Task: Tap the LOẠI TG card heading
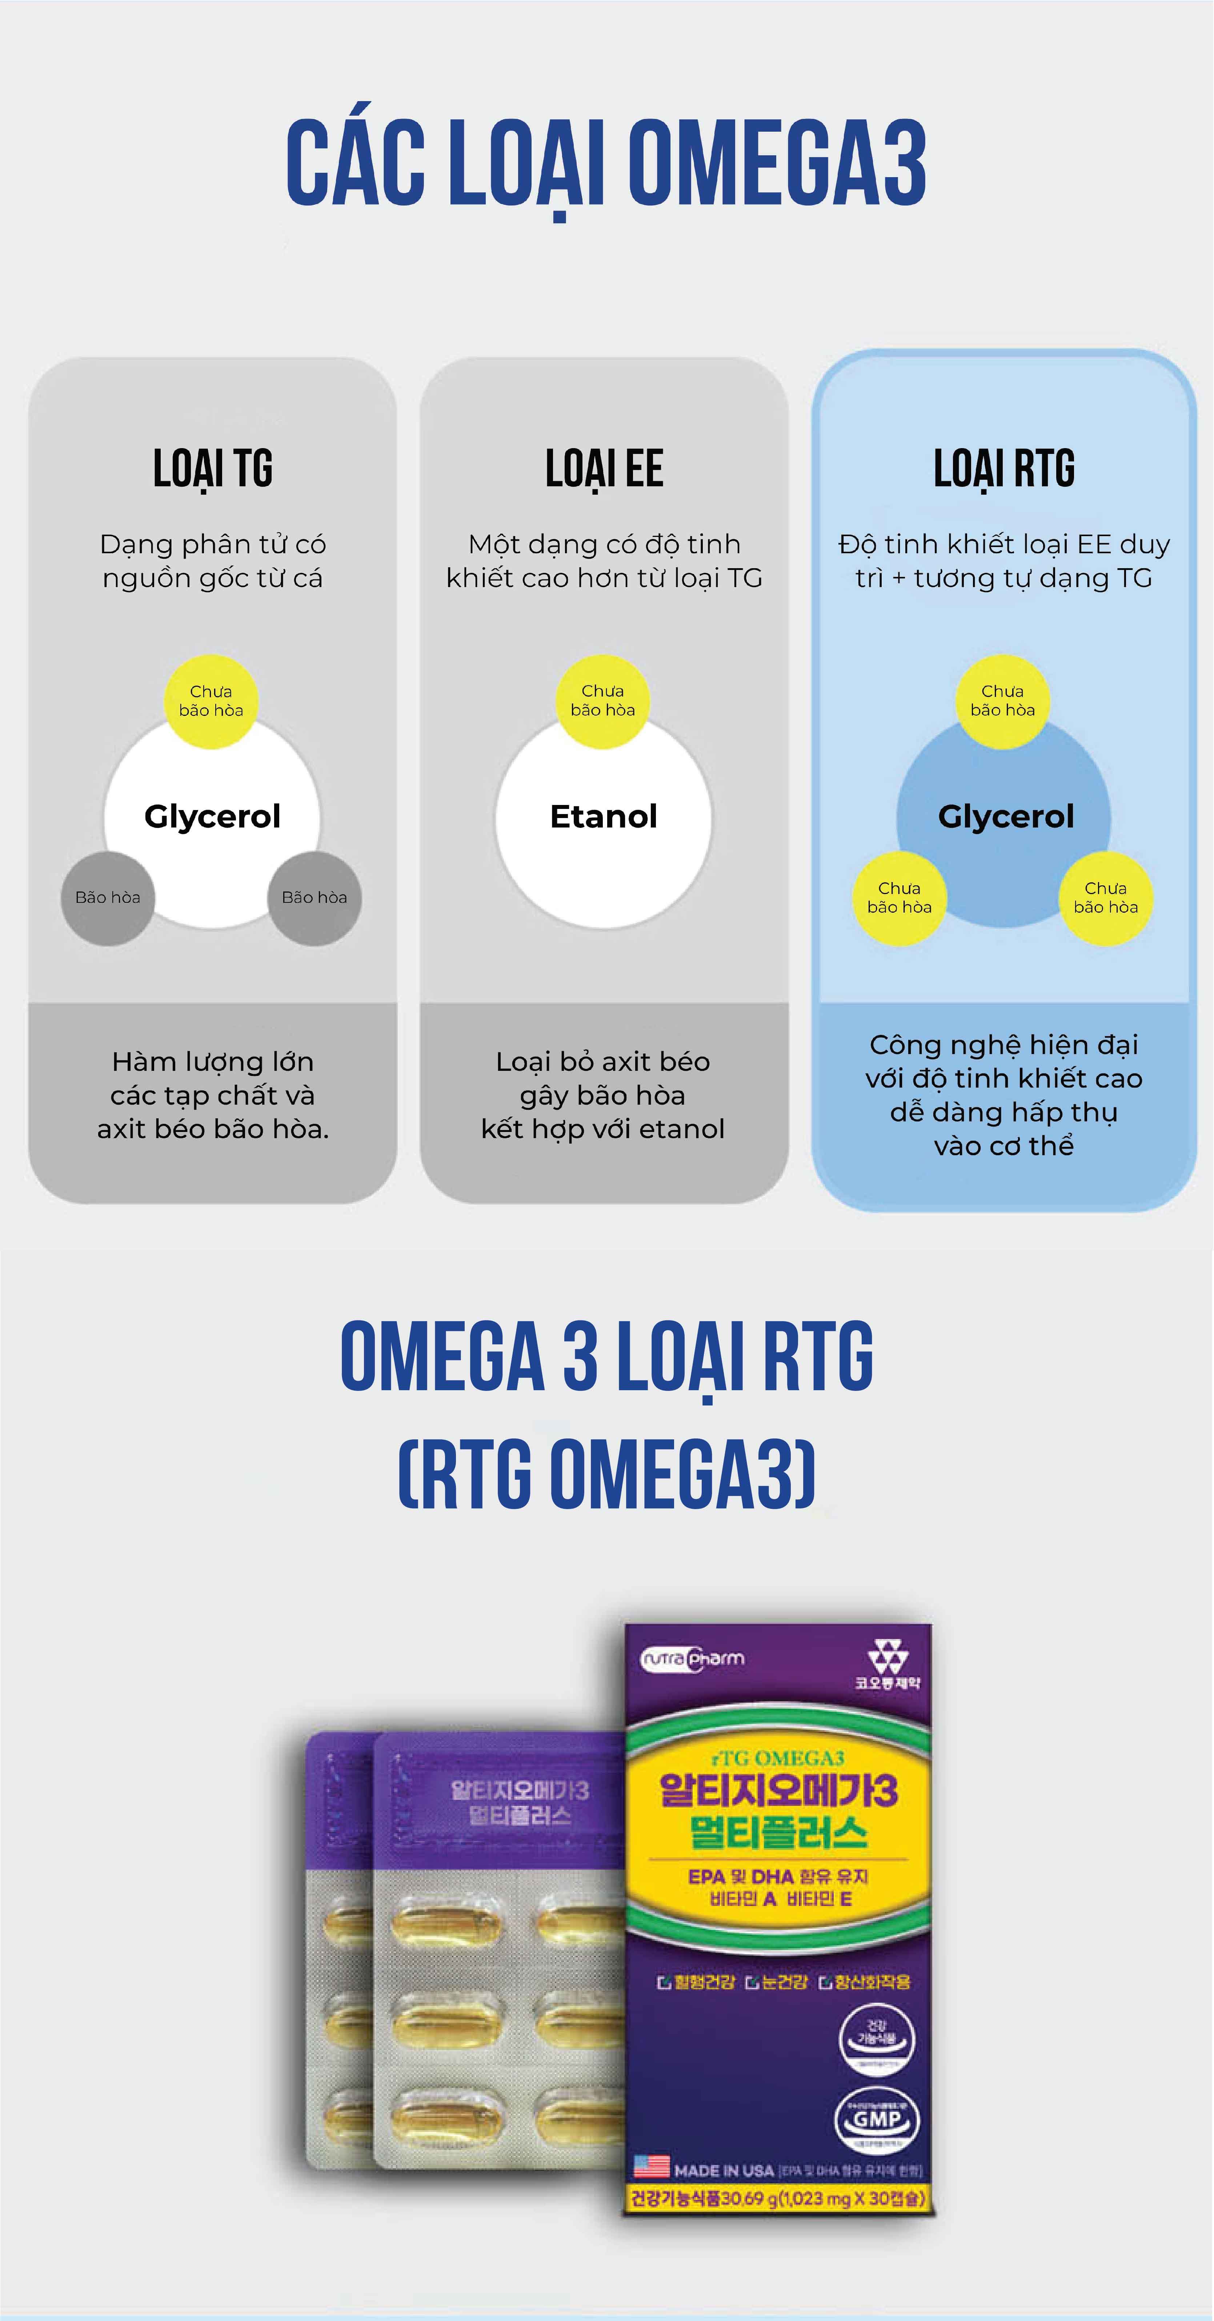[x=213, y=468]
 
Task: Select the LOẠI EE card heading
[x=604, y=468]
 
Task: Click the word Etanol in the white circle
[x=604, y=816]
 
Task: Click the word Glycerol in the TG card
[x=213, y=816]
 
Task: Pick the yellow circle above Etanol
[x=602, y=701]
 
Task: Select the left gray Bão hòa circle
[x=108, y=897]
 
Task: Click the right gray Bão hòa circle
[x=314, y=897]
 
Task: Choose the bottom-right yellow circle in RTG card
[x=1106, y=897]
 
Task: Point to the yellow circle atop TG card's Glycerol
[x=211, y=701]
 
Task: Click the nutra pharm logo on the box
[x=692, y=1659]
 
